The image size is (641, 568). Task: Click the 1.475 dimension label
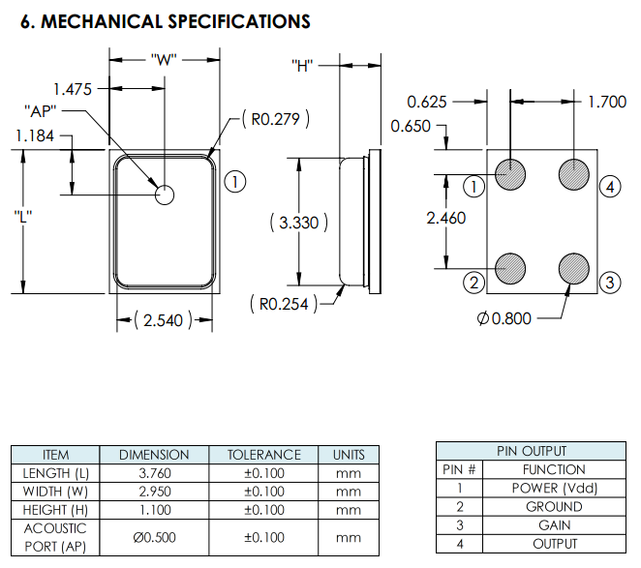tap(72, 88)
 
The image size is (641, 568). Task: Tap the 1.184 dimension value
tap(35, 136)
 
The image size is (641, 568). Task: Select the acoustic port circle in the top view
tap(165, 194)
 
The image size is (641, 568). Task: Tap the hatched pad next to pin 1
tap(510, 174)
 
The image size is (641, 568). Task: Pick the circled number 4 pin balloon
tap(609, 187)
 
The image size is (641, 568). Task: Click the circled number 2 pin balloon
tap(473, 283)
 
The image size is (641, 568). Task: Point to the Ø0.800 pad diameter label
tap(504, 317)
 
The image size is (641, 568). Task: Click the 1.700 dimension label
tap(606, 102)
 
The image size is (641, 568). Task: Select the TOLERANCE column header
tap(263, 455)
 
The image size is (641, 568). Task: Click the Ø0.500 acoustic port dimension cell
tap(154, 537)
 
